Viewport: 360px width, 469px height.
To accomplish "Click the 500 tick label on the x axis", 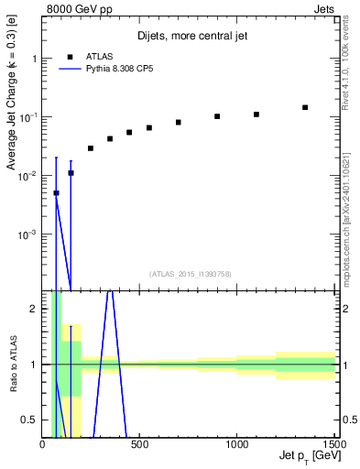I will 140,444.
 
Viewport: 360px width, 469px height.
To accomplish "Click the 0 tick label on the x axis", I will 43,444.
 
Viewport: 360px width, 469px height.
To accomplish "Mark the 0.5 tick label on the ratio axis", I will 31,420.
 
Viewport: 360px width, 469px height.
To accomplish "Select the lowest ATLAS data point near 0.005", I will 56,192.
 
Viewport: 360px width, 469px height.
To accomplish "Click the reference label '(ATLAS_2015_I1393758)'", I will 190,273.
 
